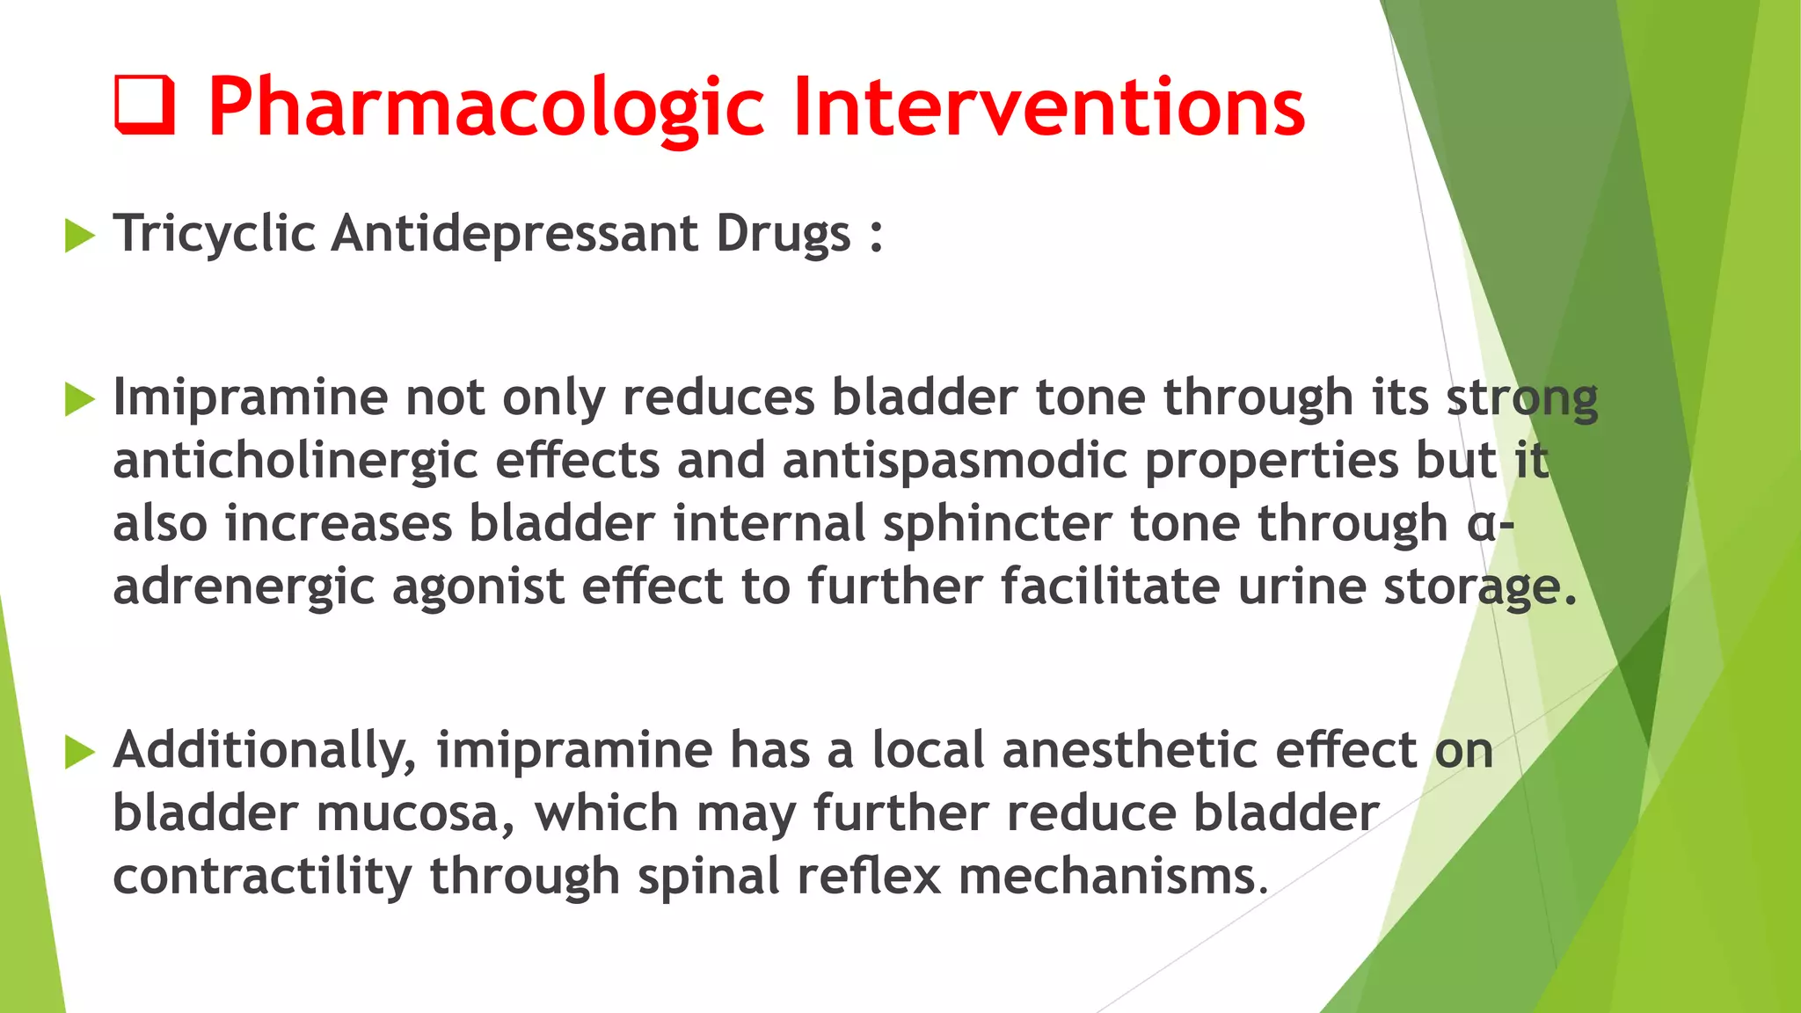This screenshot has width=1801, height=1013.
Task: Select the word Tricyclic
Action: click(215, 234)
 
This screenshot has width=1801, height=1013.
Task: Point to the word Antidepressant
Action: click(515, 234)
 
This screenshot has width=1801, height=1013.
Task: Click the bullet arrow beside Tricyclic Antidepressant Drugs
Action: click(79, 236)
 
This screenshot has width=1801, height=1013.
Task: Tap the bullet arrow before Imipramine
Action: click(79, 399)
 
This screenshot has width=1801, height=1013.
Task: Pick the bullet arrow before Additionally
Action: click(79, 752)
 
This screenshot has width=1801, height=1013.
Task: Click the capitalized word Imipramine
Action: click(250, 398)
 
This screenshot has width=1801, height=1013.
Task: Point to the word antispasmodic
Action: click(954, 462)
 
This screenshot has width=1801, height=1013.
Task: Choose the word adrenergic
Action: click(244, 588)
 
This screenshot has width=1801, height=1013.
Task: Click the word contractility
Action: click(262, 877)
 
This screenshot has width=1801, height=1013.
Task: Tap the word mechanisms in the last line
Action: click(1112, 877)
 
